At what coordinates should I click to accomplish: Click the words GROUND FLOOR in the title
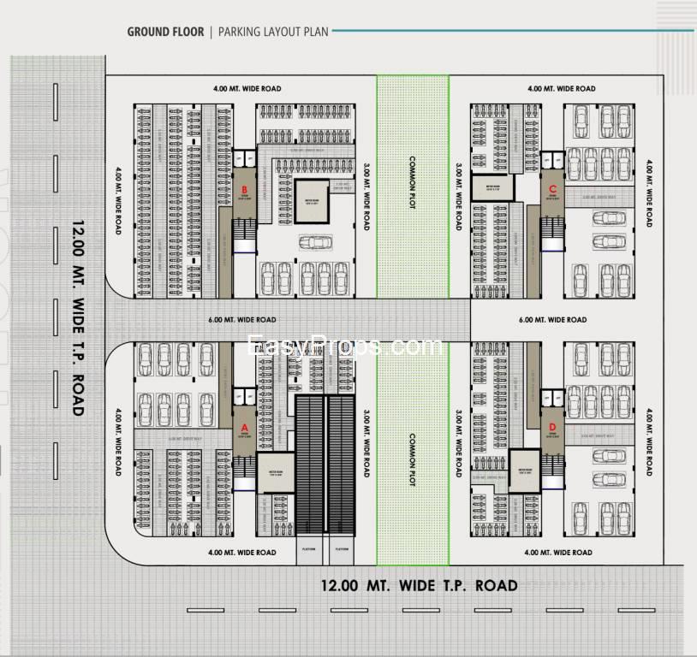pos(165,33)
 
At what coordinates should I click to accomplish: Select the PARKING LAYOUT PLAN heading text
pos(274,33)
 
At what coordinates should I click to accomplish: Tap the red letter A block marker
pos(244,424)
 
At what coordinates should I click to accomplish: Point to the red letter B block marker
pos(244,189)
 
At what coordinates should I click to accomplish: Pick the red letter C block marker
pos(552,188)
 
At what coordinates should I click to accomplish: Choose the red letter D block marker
pos(552,425)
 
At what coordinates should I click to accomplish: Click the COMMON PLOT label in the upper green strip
pos(412,184)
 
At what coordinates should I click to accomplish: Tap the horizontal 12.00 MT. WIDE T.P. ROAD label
pos(419,586)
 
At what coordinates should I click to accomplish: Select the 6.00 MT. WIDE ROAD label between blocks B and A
pos(242,320)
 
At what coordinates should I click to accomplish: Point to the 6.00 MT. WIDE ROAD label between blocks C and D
pos(552,320)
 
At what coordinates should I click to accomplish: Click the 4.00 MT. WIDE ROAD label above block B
pos(247,89)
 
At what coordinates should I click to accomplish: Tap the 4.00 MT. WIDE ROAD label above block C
pos(561,89)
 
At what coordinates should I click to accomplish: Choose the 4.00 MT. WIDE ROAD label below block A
pos(242,553)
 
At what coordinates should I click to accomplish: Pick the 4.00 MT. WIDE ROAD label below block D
pos(557,553)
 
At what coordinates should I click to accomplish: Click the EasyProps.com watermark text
pos(345,346)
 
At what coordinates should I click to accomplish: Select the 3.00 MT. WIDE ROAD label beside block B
pos(366,197)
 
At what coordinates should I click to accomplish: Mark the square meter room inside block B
pos(312,202)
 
